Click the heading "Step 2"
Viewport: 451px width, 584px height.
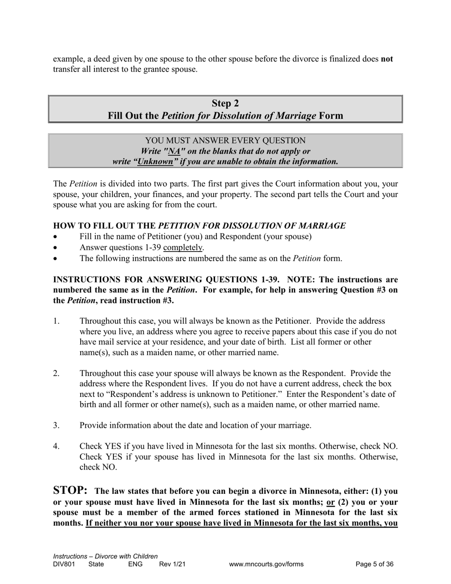click(225, 104)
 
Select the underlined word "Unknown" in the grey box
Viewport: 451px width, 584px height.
click(155, 161)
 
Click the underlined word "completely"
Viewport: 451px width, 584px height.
click(183, 247)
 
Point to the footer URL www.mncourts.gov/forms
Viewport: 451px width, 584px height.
click(266, 565)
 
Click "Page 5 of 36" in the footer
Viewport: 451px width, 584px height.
click(375, 565)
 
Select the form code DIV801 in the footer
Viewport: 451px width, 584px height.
click(64, 565)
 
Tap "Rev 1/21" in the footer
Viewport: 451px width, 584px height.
click(172, 565)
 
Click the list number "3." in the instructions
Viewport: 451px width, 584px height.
click(56, 425)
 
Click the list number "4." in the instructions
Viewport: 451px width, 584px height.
click(56, 447)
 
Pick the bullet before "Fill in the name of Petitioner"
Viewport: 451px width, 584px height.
click(56, 236)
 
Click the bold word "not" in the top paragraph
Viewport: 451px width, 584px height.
click(386, 59)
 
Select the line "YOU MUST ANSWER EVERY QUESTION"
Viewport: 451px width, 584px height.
click(225, 141)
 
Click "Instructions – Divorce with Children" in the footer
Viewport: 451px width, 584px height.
click(105, 556)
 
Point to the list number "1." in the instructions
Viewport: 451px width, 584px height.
click(56, 321)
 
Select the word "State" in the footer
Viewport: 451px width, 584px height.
click(97, 565)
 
